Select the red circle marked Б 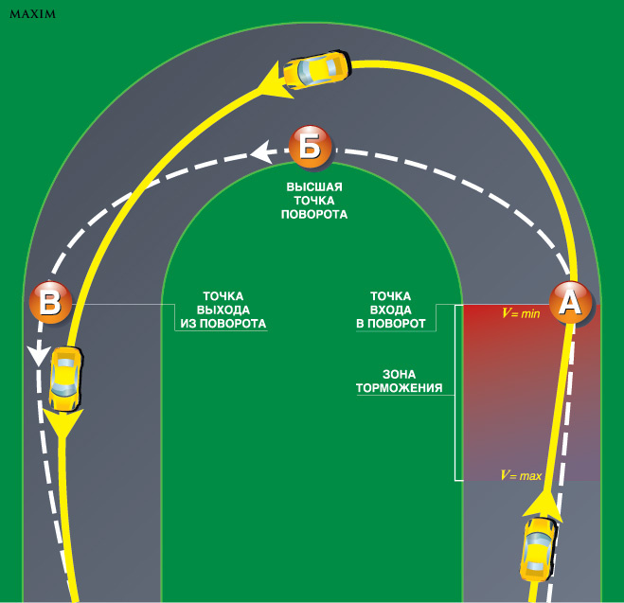click(x=312, y=149)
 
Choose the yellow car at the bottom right click(x=537, y=549)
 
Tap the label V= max click(x=521, y=475)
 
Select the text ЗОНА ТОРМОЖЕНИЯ click(x=399, y=380)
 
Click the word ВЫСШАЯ click(x=313, y=187)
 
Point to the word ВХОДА click(x=389, y=310)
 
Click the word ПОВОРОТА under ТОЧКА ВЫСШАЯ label click(x=314, y=215)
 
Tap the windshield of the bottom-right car click(x=539, y=539)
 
